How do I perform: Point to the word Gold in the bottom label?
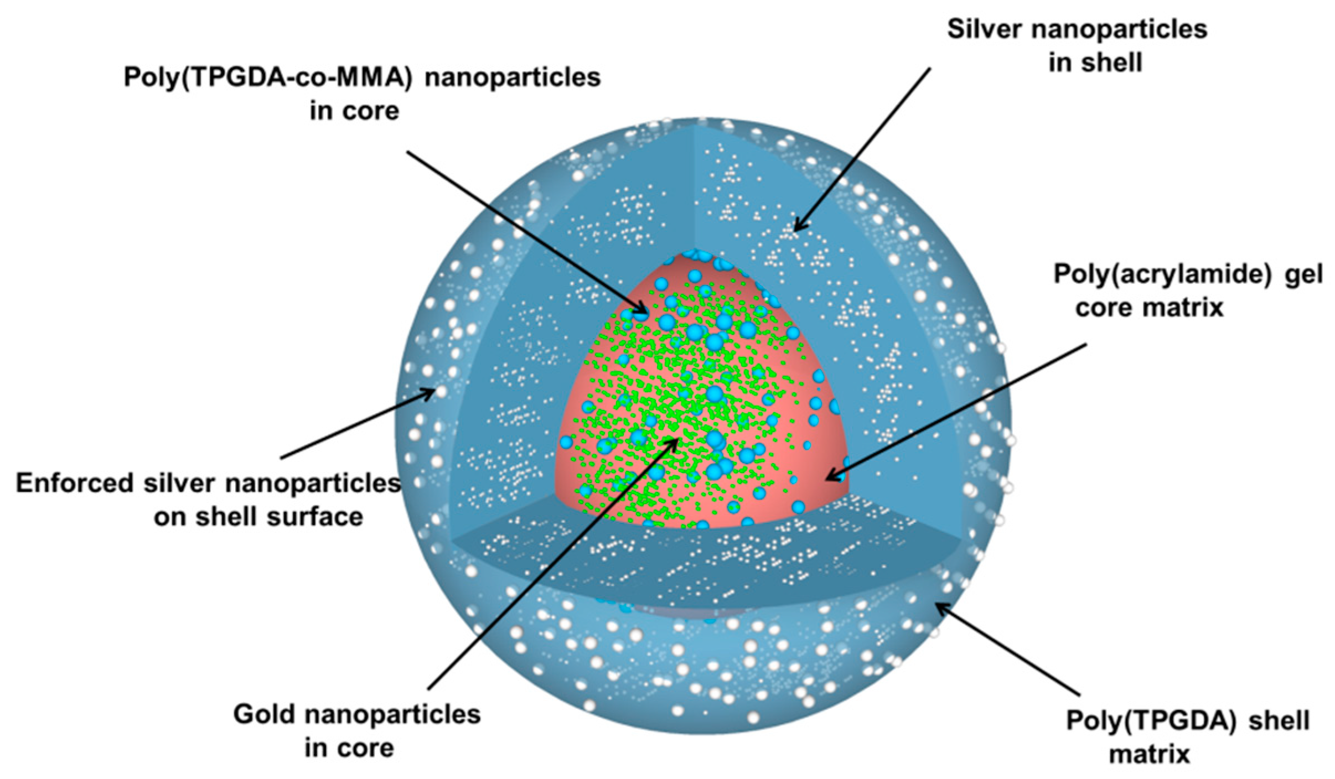(263, 714)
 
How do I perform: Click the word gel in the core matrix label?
(1304, 275)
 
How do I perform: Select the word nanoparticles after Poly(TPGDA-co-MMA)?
(512, 77)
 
